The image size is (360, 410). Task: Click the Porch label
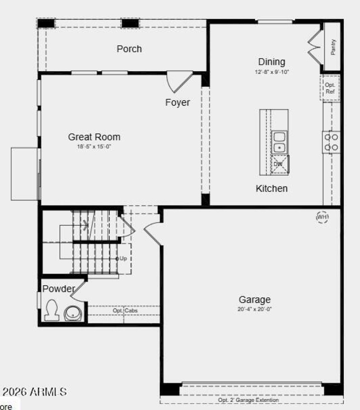click(x=129, y=49)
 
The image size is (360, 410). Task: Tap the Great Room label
click(x=94, y=137)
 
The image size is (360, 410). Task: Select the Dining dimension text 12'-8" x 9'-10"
click(x=271, y=72)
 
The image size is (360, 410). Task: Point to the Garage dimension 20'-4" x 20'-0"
click(x=255, y=309)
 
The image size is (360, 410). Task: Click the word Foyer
click(x=177, y=103)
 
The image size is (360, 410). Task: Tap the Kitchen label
click(x=271, y=188)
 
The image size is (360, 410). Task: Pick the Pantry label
click(x=333, y=47)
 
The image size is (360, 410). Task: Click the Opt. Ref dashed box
click(x=330, y=88)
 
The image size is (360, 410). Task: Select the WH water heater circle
click(x=322, y=217)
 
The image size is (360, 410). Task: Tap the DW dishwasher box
click(x=279, y=164)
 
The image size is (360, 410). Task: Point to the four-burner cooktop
click(x=332, y=142)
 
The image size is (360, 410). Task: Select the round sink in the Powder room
click(x=72, y=313)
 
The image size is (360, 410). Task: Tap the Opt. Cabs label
click(x=125, y=311)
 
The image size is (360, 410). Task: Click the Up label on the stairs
click(x=123, y=259)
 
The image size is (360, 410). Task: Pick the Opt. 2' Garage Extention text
click(x=248, y=400)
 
